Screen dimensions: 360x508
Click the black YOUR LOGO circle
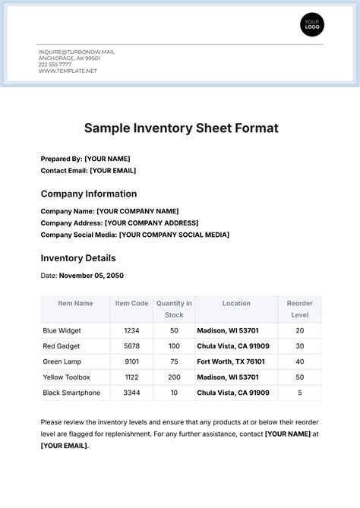pos(311,25)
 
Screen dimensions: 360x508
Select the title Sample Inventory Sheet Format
pos(181,128)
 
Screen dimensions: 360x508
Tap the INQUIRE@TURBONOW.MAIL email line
pos(77,52)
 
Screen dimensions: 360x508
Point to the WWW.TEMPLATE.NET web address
pos(68,71)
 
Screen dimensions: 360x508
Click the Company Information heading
pos(89,194)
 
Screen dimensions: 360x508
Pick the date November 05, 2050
pos(90,276)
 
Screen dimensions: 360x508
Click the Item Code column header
pos(131,303)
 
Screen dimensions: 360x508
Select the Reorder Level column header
pos(299,308)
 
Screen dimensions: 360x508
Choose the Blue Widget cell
pos(62,330)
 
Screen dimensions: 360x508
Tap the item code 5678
pos(131,346)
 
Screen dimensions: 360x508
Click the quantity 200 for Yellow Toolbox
pos(174,377)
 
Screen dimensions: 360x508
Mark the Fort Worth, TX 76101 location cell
pos(231,361)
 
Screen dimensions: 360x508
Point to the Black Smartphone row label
pos(72,393)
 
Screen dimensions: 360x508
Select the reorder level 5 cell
pos(299,393)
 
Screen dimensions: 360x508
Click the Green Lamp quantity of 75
pos(174,361)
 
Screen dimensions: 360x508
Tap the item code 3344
pos(131,393)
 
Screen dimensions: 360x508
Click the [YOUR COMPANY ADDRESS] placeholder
pos(151,222)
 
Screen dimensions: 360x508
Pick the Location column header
pos(236,303)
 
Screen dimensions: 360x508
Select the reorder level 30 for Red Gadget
pos(299,346)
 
